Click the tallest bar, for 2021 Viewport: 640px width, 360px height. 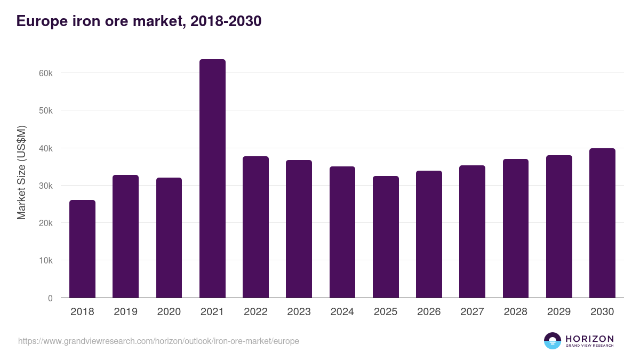[x=212, y=179]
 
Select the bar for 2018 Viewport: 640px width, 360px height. [x=82, y=249]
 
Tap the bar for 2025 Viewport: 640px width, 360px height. [x=386, y=237]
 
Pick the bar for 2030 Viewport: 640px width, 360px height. [x=602, y=223]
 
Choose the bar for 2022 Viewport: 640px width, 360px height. [x=255, y=227]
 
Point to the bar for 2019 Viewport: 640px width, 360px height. [x=125, y=236]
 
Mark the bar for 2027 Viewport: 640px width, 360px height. [x=472, y=231]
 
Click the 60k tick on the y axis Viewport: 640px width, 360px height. [x=46, y=73]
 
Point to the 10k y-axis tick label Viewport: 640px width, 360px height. [x=46, y=261]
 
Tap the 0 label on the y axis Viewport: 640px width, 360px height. [x=50, y=298]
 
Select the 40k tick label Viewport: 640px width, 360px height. [x=46, y=148]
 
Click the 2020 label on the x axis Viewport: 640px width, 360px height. [x=169, y=312]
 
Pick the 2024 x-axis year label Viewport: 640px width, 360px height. [x=342, y=312]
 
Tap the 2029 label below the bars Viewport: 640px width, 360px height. [x=558, y=312]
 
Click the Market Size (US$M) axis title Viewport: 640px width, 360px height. [x=21, y=172]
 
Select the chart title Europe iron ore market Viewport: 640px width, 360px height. [x=139, y=21]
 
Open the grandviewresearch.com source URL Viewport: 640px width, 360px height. [x=158, y=341]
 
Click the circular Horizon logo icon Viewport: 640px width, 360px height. [x=553, y=341]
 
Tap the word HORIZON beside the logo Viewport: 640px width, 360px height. [x=589, y=338]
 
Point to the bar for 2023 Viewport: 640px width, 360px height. [x=299, y=229]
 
